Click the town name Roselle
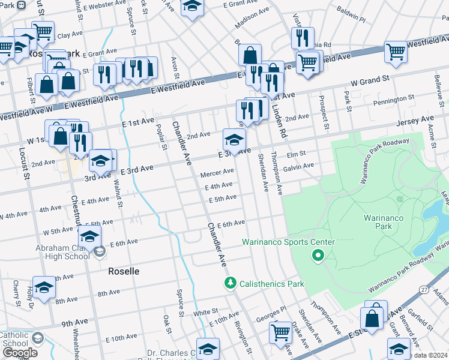pos(124,271)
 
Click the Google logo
pos(20,352)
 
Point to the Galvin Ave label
pos(299,166)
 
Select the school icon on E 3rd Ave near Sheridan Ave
pos(234,141)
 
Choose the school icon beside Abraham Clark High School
pos(89,237)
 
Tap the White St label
pos(205,313)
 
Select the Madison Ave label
pos(252,19)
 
